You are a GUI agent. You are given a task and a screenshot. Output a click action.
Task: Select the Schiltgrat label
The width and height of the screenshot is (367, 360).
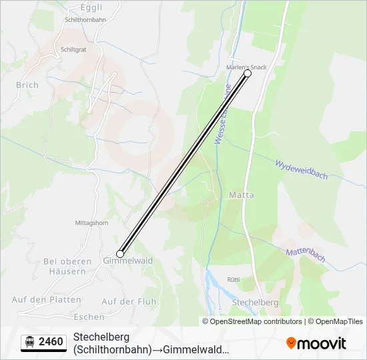[x=73, y=49]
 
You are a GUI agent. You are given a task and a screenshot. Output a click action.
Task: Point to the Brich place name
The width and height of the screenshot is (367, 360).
[x=27, y=85]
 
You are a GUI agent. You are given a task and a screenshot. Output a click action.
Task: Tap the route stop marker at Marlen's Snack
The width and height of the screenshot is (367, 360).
[x=248, y=74]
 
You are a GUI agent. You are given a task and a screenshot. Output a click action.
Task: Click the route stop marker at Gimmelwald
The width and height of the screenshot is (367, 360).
[x=120, y=253]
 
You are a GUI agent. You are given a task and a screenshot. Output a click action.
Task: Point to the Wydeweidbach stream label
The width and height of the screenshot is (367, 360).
[x=302, y=169]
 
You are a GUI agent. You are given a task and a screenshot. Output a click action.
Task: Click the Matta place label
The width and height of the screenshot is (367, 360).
[x=241, y=195]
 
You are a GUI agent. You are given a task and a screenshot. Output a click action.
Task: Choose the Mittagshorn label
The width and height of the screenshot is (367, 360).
[x=91, y=223]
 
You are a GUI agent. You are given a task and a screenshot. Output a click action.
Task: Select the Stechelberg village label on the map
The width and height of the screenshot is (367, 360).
[x=254, y=302]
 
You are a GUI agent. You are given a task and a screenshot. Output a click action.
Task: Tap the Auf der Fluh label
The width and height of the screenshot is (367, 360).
[x=129, y=301]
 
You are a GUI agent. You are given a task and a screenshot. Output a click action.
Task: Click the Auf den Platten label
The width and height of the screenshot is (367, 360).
[x=47, y=299]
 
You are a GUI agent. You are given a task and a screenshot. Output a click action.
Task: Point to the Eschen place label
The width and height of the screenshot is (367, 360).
[x=89, y=317]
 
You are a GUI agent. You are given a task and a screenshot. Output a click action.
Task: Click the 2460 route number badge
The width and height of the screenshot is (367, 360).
[x=44, y=342]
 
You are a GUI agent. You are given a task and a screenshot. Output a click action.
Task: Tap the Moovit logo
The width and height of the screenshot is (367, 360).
[x=316, y=343]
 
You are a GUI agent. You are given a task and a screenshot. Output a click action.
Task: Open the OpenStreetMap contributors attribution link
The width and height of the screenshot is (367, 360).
[x=252, y=321]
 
